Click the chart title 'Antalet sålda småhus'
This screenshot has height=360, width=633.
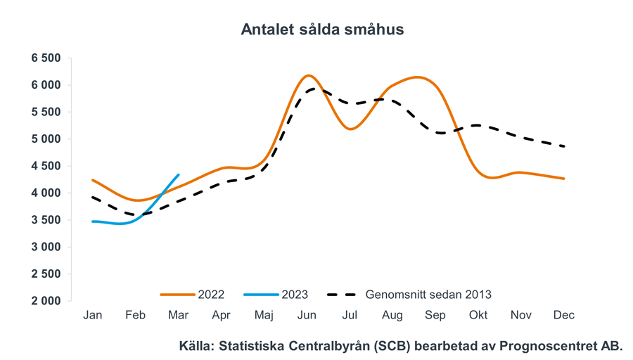(322, 30)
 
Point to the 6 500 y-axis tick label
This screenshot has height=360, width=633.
(46, 58)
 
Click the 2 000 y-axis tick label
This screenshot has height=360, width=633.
(46, 301)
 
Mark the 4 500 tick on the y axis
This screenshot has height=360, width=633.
(46, 166)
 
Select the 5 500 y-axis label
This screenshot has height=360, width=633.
(46, 112)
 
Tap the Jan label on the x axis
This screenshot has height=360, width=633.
(93, 315)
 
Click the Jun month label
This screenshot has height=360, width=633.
(307, 315)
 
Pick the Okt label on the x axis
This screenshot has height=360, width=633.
(478, 315)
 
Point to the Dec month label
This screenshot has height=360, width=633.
(564, 315)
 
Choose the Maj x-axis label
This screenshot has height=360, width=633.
(264, 315)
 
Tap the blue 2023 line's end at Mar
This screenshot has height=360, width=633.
(178, 175)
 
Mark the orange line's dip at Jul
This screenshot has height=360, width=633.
(351, 129)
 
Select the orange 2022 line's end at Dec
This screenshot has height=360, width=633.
(564, 179)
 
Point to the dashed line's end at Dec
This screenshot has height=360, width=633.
(564, 146)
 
